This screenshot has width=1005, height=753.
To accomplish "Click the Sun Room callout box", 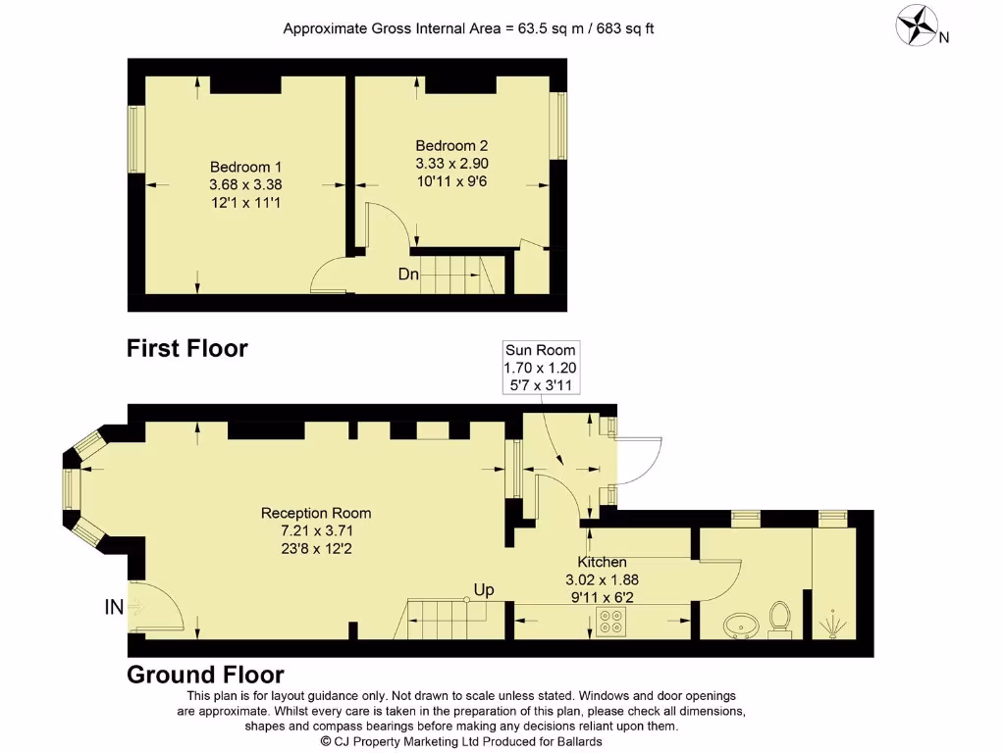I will coord(540,368).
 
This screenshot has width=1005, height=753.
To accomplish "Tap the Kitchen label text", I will coord(602,562).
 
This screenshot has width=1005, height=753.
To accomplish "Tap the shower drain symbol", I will coord(834,622).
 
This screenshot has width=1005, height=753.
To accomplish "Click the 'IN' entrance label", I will coord(114,608).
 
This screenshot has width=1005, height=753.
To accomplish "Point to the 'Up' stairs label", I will coord(483,589).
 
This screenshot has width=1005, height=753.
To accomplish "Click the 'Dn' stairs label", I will coord(408,275).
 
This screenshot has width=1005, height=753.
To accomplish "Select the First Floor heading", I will coord(186,348).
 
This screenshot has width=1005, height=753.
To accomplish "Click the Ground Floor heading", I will coord(205,675).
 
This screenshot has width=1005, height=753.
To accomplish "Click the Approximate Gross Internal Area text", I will coord(468,28).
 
